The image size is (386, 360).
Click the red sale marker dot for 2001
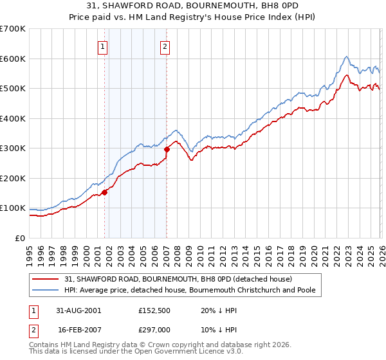[x=104, y=192]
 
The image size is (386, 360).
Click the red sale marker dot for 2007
[x=167, y=149]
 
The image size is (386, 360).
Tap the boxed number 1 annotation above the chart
[x=103, y=46]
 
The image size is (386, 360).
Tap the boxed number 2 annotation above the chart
[x=165, y=46]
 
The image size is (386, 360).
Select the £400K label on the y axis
[x=13, y=118]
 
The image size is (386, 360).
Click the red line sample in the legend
[x=46, y=279]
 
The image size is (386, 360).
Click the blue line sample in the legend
[x=46, y=291]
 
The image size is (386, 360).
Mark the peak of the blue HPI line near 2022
[x=346, y=56]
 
